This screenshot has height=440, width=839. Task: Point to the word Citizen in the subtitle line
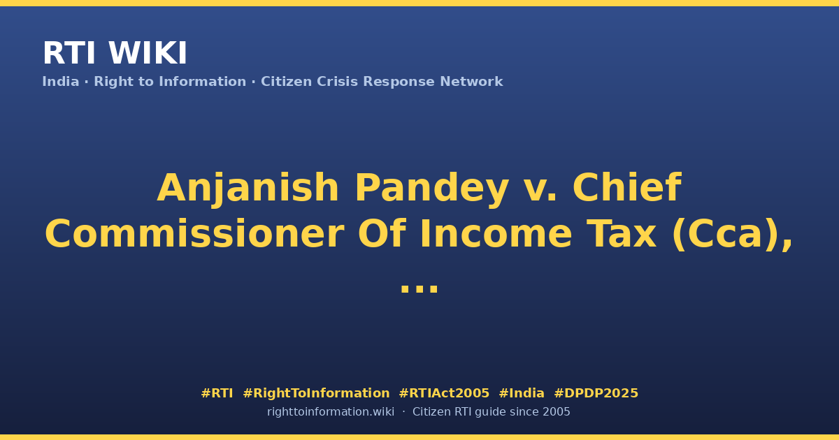(x=286, y=82)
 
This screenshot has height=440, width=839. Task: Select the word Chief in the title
(x=626, y=187)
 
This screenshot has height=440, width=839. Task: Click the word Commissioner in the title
(x=194, y=234)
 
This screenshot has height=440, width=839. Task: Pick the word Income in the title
(x=496, y=234)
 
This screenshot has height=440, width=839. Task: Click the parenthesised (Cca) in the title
(x=728, y=235)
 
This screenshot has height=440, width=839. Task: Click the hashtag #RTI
(x=217, y=393)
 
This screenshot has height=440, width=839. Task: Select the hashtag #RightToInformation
(x=316, y=394)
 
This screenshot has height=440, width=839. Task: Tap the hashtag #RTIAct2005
(x=444, y=393)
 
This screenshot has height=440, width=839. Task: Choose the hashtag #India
(x=522, y=393)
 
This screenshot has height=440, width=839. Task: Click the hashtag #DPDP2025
(x=596, y=393)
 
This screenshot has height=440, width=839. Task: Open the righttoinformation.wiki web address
(x=331, y=412)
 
